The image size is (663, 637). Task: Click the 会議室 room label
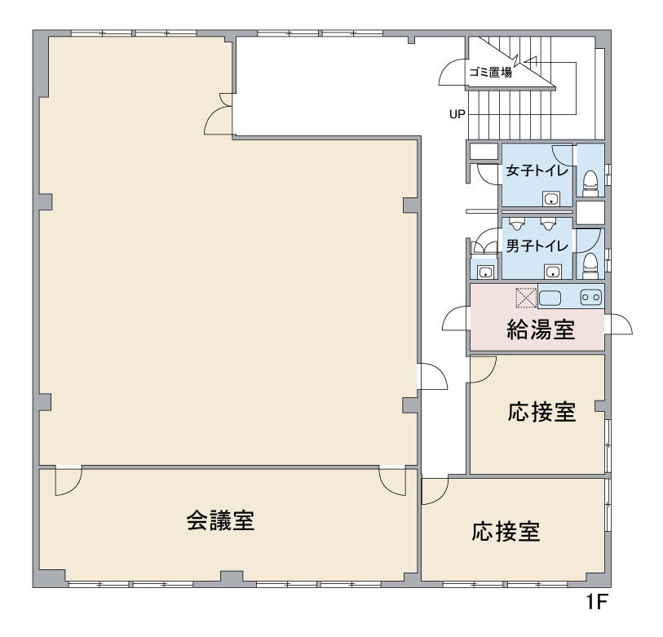pyautogui.click(x=220, y=520)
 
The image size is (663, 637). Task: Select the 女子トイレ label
pyautogui.click(x=537, y=170)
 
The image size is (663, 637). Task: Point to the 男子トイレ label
pyautogui.click(x=537, y=246)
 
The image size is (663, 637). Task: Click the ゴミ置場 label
pyautogui.click(x=490, y=72)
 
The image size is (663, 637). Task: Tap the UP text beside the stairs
pyautogui.click(x=457, y=114)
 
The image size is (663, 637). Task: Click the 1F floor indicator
pyautogui.click(x=596, y=602)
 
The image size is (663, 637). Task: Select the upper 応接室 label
pyautogui.click(x=541, y=412)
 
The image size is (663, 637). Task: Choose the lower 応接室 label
pyautogui.click(x=506, y=532)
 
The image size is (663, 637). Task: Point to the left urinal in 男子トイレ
pyautogui.click(x=516, y=223)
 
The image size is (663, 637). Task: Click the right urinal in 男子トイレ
pyautogui.click(x=547, y=223)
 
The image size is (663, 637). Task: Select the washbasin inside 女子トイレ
pyautogui.click(x=551, y=198)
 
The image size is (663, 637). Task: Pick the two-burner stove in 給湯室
pyautogui.click(x=591, y=297)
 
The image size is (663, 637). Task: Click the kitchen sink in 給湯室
pyautogui.click(x=550, y=299)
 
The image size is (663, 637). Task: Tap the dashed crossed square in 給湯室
pyautogui.click(x=525, y=298)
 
